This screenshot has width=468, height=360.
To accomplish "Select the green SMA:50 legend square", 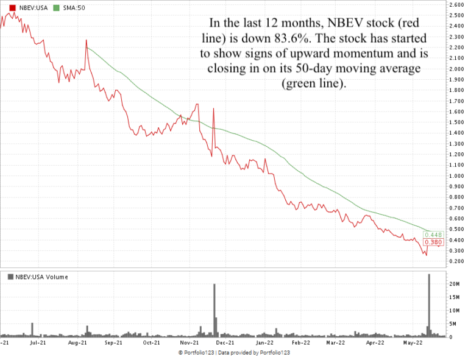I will [56, 7].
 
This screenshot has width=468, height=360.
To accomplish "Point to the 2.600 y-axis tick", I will [456, 5].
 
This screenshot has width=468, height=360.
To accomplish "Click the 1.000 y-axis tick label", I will [456, 175].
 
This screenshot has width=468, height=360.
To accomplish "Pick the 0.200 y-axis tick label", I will [456, 261].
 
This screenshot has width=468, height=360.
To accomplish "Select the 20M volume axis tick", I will [455, 284].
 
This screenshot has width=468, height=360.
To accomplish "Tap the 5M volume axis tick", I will [453, 323].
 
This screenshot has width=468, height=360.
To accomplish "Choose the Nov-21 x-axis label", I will [188, 343].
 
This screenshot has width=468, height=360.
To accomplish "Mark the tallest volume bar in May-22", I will [429, 305].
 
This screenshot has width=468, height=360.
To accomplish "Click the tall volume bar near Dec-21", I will [214, 311].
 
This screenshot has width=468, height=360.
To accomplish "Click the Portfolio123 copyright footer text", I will [233, 353].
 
